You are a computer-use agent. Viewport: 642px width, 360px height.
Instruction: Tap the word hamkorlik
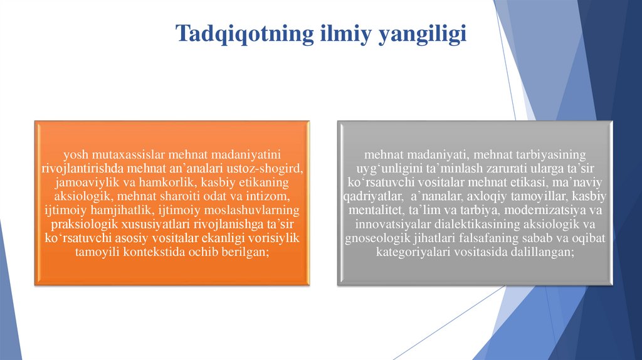click(x=163, y=182)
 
